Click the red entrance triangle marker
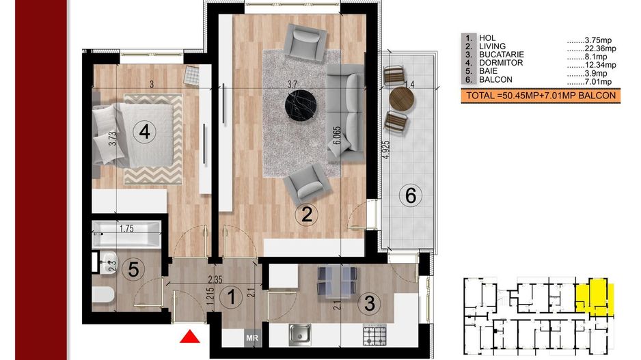(190, 337)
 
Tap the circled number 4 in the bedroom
(144, 132)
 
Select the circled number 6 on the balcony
(411, 195)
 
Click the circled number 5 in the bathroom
(133, 270)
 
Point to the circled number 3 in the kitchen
(369, 303)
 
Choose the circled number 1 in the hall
(231, 296)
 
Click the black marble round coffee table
(301, 105)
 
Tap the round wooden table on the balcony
(402, 99)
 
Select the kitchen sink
(299, 334)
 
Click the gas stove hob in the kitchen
(374, 335)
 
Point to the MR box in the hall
(252, 338)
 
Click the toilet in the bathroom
(103, 295)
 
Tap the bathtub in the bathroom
(126, 234)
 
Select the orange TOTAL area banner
(541, 96)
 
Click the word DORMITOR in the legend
(501, 63)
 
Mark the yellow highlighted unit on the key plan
(595, 297)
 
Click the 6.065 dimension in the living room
(336, 135)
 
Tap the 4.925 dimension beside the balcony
(387, 150)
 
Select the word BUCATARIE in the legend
(502, 55)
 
